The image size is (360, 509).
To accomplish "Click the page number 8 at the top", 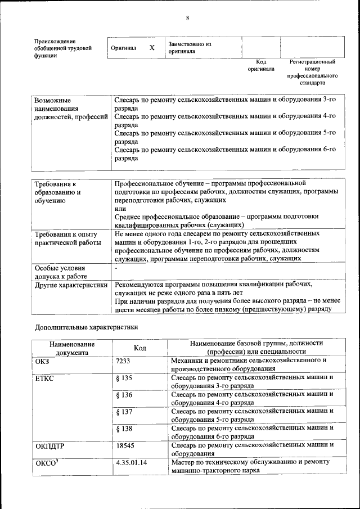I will pyautogui.click(x=187, y=18).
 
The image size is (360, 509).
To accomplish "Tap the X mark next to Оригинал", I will pyautogui.click(x=152, y=48).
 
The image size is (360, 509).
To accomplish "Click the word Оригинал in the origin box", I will pyautogui.click(x=124, y=48).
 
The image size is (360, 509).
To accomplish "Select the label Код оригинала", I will pyautogui.click(x=261, y=65).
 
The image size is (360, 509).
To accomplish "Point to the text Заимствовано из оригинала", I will pyautogui.click(x=189, y=47).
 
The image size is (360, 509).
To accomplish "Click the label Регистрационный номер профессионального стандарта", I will pyautogui.click(x=312, y=72).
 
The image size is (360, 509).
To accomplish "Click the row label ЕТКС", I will pyautogui.click(x=44, y=377).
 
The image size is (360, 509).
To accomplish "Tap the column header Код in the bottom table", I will pyautogui.click(x=140, y=348).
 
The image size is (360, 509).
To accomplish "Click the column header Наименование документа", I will pyautogui.click(x=71, y=348).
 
